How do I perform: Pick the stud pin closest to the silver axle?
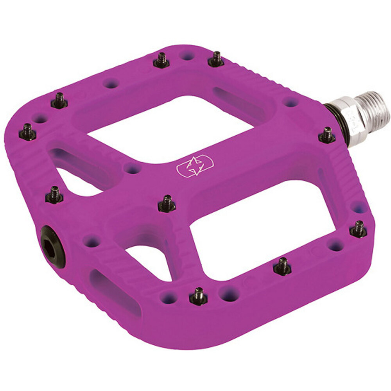327,135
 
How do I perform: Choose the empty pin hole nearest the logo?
133,169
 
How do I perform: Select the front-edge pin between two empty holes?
198,297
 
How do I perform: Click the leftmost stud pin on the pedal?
27,132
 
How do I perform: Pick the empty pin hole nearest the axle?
290,102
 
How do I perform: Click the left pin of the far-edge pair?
161,61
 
